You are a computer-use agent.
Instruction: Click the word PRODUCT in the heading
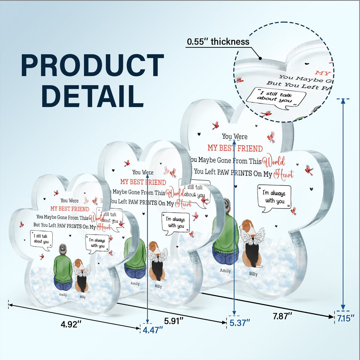coord(92,66)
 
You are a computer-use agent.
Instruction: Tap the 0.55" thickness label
coord(218,42)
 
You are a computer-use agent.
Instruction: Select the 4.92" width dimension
coord(71,324)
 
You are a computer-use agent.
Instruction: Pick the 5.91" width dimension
coord(174,321)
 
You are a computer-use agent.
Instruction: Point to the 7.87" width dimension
coord(282,316)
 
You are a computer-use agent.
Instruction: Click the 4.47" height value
coord(153,330)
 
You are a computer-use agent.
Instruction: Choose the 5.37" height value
coord(240,323)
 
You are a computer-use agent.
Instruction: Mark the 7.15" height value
coord(346,318)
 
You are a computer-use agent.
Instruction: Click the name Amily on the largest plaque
coord(225,271)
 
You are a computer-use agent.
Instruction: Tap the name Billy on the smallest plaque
coord(82,297)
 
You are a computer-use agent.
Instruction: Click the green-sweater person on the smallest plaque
coord(63,267)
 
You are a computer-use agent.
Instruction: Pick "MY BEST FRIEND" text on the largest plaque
coord(235,148)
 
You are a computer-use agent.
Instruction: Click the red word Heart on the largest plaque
coord(283,174)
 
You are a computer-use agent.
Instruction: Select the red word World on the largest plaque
coord(274,162)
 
